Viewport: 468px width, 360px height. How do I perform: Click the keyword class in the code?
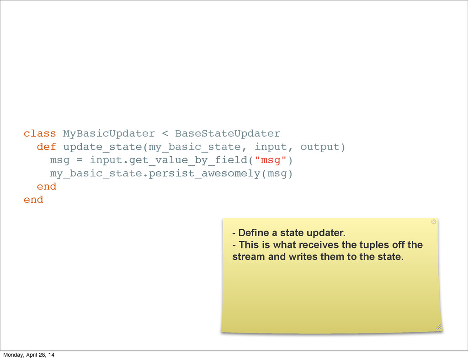(x=40, y=134)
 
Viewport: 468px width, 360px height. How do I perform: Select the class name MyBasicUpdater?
(x=109, y=134)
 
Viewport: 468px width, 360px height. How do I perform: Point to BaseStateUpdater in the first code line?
(x=228, y=134)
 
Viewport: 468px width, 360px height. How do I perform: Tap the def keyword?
(x=46, y=147)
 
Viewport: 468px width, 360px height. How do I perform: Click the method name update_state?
(x=102, y=147)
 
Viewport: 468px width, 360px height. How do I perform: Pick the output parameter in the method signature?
(x=320, y=147)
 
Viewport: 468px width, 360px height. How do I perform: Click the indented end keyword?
(x=46, y=187)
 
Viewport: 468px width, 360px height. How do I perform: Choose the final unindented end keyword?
(x=33, y=200)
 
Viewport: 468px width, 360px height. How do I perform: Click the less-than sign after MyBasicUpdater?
(x=165, y=134)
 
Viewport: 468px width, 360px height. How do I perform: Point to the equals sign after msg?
(x=79, y=160)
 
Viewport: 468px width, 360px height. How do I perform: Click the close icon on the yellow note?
(x=434, y=222)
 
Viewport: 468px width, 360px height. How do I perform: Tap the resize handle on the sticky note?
(x=438, y=327)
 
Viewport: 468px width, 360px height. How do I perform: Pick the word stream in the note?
(x=249, y=257)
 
